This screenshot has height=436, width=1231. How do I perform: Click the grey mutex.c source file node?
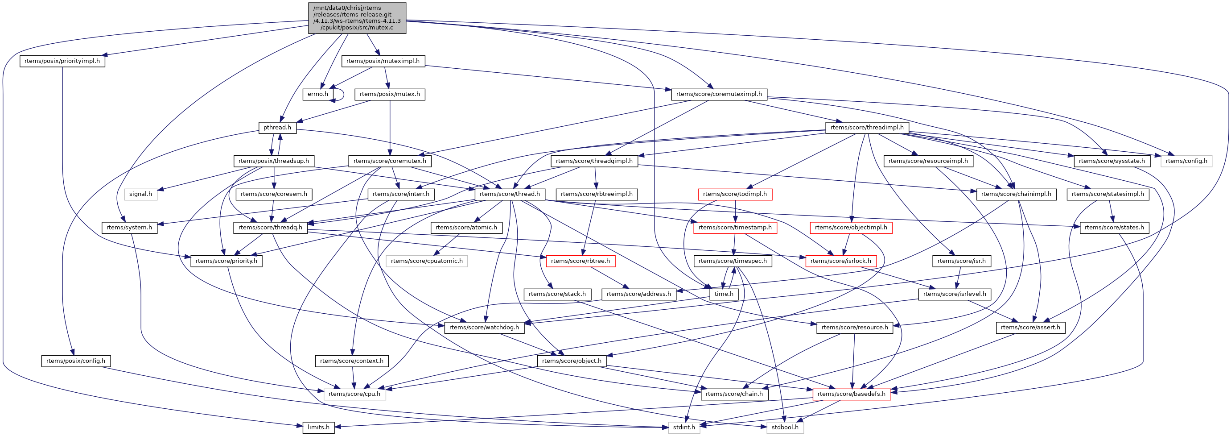pyautogui.click(x=357, y=18)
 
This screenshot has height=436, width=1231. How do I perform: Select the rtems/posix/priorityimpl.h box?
pyautogui.click(x=62, y=61)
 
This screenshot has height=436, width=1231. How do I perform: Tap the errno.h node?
pyautogui.click(x=318, y=94)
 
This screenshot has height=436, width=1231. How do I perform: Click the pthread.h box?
pyautogui.click(x=277, y=128)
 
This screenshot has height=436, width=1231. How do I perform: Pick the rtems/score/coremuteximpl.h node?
pyautogui.click(x=719, y=94)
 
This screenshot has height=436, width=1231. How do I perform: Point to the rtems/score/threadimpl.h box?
pyautogui.click(x=867, y=128)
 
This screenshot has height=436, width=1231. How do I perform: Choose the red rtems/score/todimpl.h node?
pyautogui.click(x=735, y=194)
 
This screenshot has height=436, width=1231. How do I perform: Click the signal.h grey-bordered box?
pyautogui.click(x=140, y=194)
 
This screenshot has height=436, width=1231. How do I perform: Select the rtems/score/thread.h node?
pyautogui.click(x=510, y=194)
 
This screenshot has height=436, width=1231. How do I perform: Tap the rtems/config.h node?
pyautogui.click(x=1186, y=161)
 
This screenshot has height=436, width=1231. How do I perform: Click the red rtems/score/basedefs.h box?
pyautogui.click(x=851, y=394)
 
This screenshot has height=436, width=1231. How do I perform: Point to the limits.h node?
pyautogui.click(x=318, y=428)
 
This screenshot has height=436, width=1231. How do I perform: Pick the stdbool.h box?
pyautogui.click(x=785, y=428)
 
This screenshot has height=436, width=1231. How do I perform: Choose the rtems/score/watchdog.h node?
pyautogui.click(x=484, y=328)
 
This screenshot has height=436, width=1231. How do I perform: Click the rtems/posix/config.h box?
pyautogui.click(x=75, y=361)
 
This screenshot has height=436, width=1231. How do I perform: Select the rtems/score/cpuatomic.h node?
pyautogui.click(x=427, y=261)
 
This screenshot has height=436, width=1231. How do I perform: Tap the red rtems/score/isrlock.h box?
pyautogui.click(x=840, y=261)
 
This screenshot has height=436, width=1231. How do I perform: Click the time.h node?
pyautogui.click(x=724, y=294)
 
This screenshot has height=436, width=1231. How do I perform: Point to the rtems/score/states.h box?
pyautogui.click(x=1114, y=228)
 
